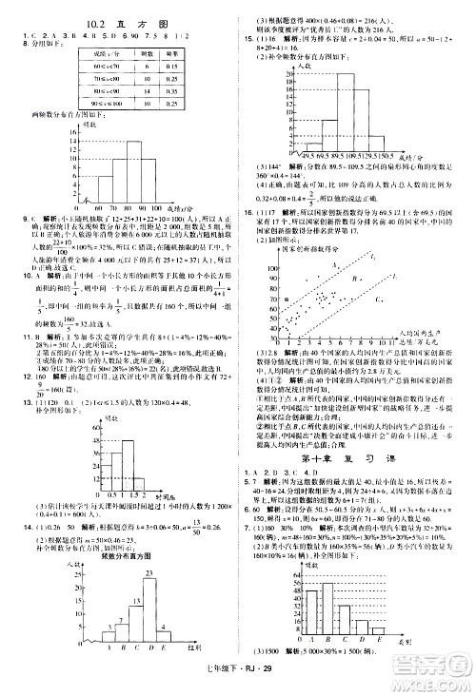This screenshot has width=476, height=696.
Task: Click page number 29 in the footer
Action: coord(269,683)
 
